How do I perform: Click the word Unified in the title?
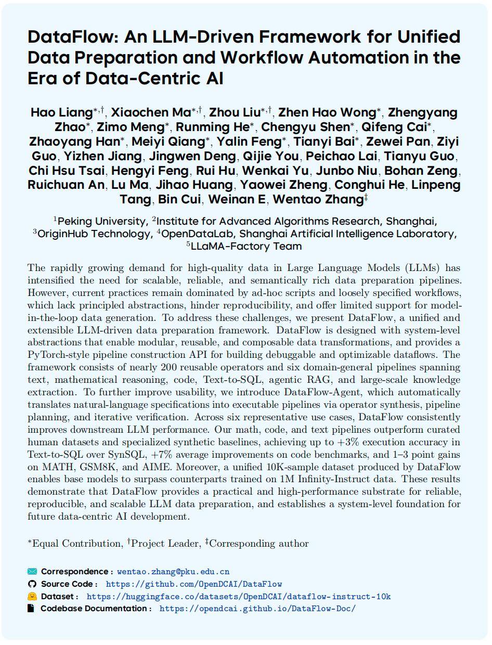coord(429,37)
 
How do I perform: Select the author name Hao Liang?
coord(61,112)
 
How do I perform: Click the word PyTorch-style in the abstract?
coord(60,355)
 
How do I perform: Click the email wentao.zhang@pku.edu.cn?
coord(173,572)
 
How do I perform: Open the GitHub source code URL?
coord(193,584)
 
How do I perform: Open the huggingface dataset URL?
coord(238,597)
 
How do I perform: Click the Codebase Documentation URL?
coord(257,609)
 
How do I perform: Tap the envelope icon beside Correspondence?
coord(32,572)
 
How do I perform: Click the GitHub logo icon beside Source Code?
coord(32,584)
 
